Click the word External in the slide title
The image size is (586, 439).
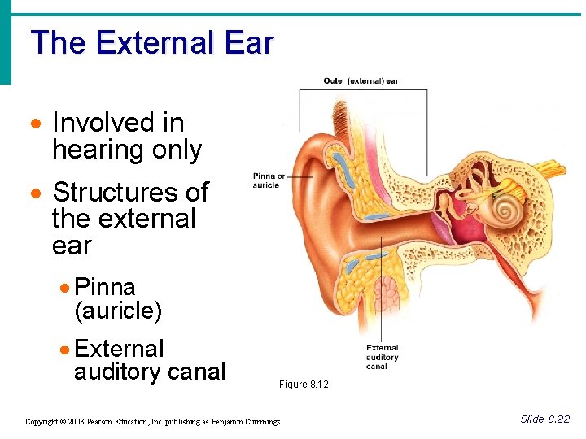tap(154, 43)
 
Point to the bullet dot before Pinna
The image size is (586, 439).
tap(65, 288)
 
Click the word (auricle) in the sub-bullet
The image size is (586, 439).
tap(118, 311)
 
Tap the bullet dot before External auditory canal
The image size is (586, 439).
tap(65, 350)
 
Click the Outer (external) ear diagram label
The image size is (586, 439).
tap(361, 81)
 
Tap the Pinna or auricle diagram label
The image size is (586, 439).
tap(269, 180)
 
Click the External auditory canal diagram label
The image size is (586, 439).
tap(382, 356)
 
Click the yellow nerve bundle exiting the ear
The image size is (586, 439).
tap(553, 171)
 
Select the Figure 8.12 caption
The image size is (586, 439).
tap(304, 385)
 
